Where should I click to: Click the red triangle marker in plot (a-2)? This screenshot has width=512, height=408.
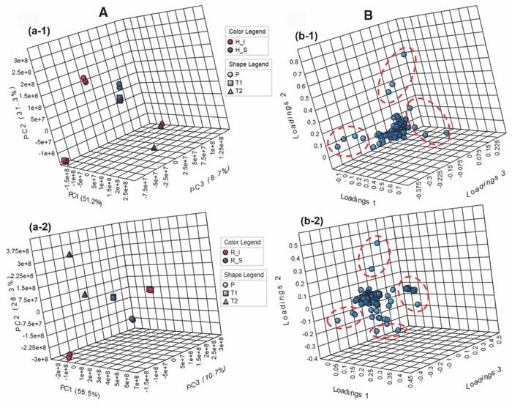(69, 255)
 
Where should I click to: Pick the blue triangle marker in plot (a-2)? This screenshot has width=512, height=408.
(86, 294)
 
